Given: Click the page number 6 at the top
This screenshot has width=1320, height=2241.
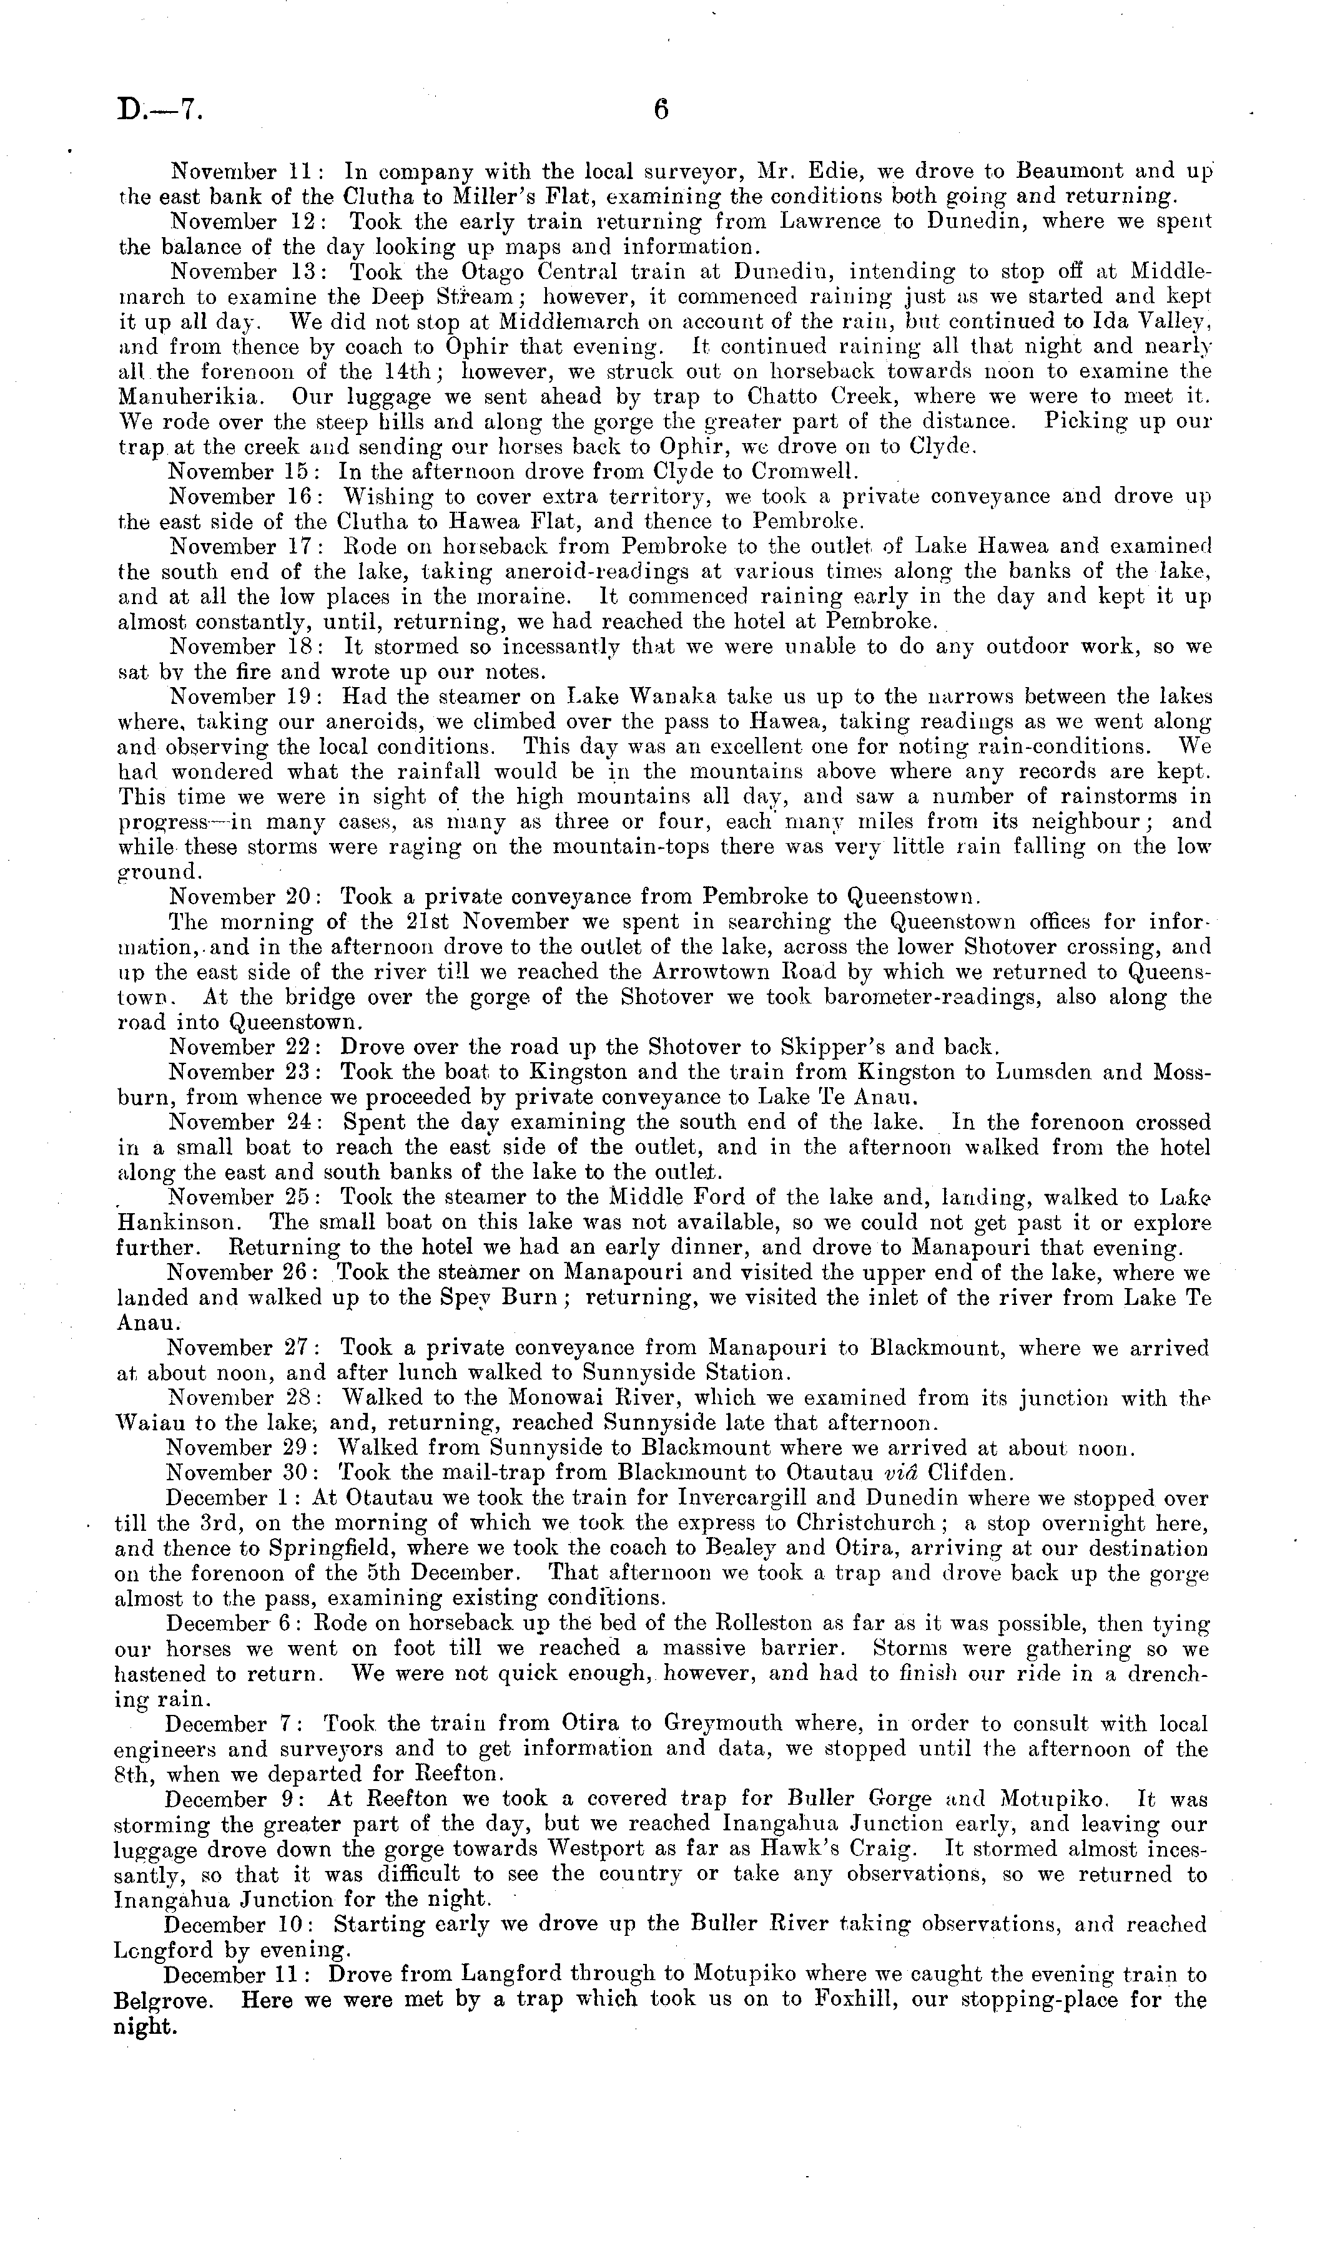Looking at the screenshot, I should [660, 109].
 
